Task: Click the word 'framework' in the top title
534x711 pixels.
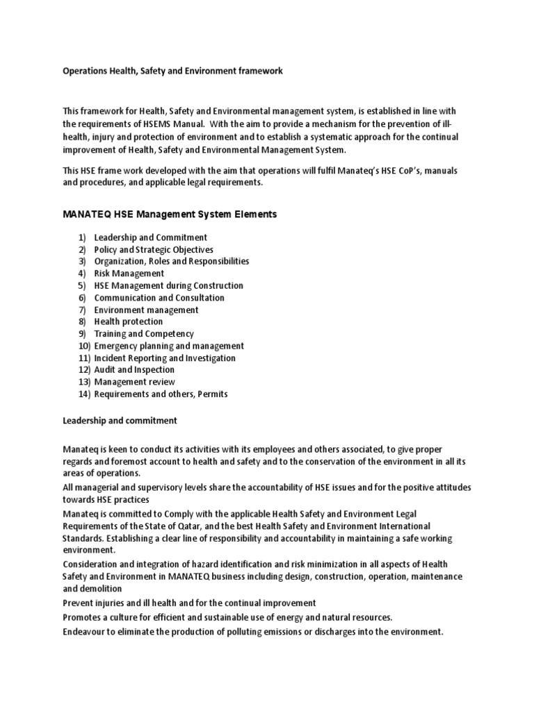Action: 259,72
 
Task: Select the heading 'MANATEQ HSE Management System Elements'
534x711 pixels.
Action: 170,215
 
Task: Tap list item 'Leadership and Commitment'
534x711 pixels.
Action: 151,237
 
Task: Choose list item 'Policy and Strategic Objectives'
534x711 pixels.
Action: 154,249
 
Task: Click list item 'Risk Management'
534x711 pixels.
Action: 129,274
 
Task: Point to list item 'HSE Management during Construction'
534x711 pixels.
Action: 169,285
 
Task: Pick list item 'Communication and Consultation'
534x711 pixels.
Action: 159,298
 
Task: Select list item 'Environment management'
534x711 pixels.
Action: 146,310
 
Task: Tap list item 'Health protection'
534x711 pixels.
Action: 129,321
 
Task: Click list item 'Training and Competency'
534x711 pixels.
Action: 144,334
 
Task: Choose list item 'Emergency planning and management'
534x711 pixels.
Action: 169,346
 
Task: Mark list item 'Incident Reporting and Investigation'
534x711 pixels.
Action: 165,358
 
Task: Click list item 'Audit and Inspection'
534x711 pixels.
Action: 134,370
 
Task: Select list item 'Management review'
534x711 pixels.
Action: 135,382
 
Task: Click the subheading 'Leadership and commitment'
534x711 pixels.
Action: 120,421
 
